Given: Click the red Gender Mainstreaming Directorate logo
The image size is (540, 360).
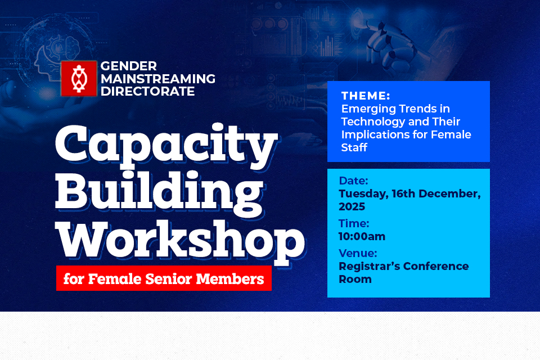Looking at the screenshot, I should pyautogui.click(x=78, y=78).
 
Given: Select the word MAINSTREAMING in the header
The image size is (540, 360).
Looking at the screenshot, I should pyautogui.click(x=158, y=79).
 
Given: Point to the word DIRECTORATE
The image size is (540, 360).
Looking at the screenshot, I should pyautogui.click(x=148, y=91).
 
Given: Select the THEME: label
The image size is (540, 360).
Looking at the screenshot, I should pyautogui.click(x=366, y=96).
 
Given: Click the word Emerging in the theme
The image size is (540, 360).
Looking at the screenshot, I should pyautogui.click(x=366, y=109).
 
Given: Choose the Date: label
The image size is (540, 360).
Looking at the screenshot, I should pyautogui.click(x=353, y=181).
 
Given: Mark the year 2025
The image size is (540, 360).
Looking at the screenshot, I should pyautogui.click(x=352, y=207).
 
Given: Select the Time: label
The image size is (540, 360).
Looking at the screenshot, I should pyautogui.click(x=354, y=223).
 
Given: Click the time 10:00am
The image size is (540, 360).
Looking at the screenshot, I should pyautogui.click(x=362, y=236).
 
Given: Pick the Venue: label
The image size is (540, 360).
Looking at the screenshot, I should pyautogui.click(x=358, y=253).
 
